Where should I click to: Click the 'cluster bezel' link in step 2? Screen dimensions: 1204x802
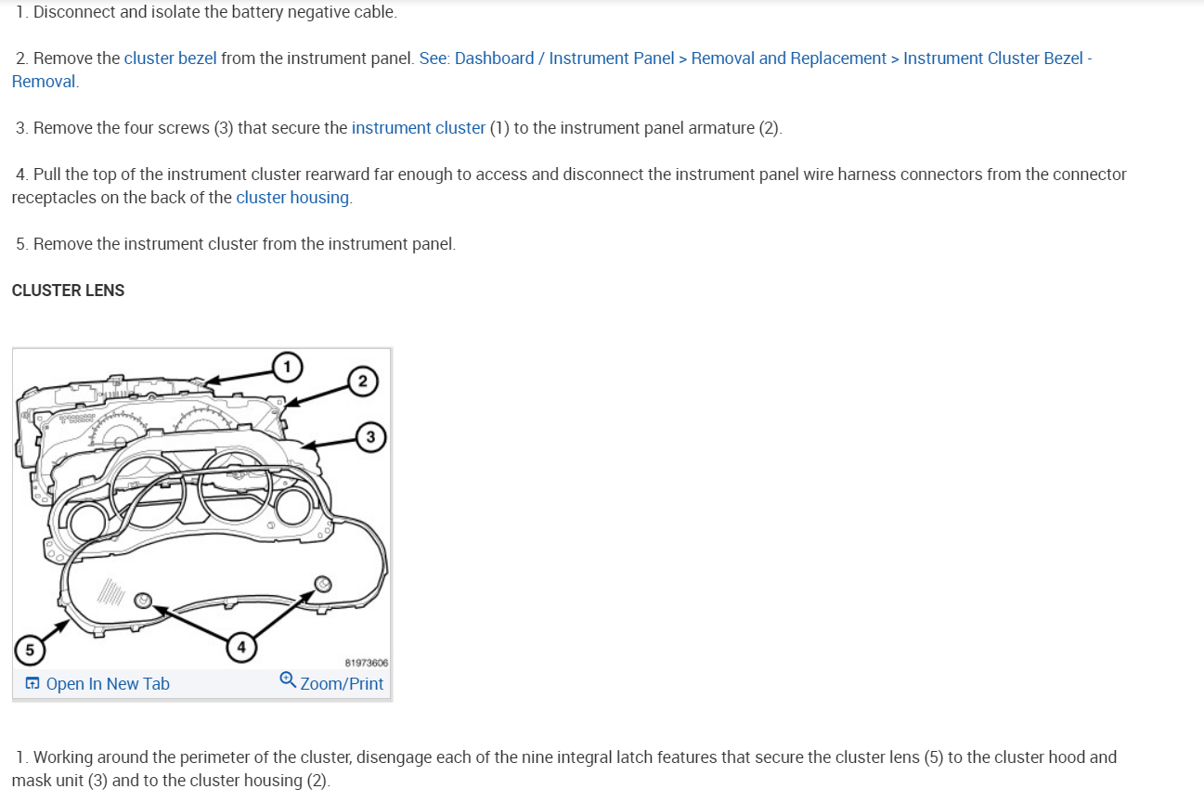[x=170, y=58]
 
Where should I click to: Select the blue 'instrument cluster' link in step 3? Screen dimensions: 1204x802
[x=418, y=128]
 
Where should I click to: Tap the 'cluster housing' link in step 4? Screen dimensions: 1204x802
[x=293, y=198]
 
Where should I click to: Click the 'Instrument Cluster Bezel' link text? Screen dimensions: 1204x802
[x=992, y=58]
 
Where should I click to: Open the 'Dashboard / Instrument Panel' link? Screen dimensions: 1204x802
[x=564, y=58]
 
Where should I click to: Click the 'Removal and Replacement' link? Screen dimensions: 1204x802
[x=788, y=58]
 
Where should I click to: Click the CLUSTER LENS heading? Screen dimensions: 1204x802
[x=68, y=291]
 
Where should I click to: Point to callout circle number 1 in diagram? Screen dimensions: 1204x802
[x=287, y=367]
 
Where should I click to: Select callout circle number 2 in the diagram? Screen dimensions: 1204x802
[x=363, y=381]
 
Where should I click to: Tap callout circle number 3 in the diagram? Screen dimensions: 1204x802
[x=370, y=436]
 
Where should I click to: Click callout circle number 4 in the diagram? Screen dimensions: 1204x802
[x=240, y=646]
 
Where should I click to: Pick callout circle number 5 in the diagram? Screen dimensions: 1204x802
[x=30, y=650]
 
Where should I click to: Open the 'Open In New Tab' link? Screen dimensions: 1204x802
[x=107, y=684]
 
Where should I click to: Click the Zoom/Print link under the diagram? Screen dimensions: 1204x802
[x=342, y=684]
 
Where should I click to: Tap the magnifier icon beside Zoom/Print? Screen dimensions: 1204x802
[x=288, y=680]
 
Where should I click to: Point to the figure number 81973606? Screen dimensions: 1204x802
[x=366, y=663]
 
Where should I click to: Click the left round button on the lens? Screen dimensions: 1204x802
[x=143, y=600]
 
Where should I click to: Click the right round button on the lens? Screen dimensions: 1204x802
[x=321, y=583]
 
